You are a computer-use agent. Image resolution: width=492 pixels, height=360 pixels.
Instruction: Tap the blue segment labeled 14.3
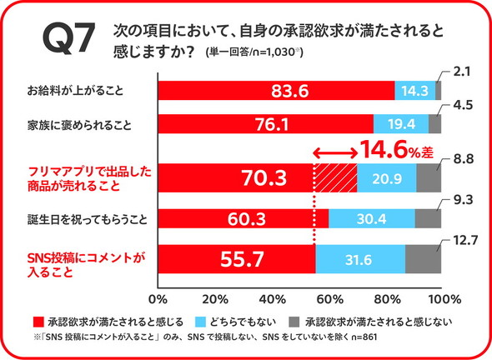point(415,90)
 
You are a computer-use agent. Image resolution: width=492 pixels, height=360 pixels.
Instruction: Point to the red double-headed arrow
point(335,152)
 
